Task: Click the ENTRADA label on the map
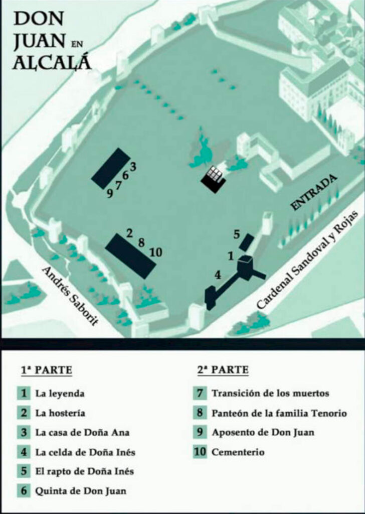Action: click(314, 192)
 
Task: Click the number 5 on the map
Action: click(237, 235)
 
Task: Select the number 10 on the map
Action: click(156, 252)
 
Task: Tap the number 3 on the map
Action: click(132, 167)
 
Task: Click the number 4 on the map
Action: click(218, 275)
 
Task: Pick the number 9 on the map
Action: click(110, 194)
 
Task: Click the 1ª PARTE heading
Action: click(47, 370)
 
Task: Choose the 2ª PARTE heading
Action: click(223, 370)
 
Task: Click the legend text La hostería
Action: click(60, 413)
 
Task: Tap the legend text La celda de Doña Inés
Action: click(85, 452)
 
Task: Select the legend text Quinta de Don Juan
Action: click(81, 491)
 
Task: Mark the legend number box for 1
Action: click(24, 393)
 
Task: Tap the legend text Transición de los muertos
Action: click(270, 393)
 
